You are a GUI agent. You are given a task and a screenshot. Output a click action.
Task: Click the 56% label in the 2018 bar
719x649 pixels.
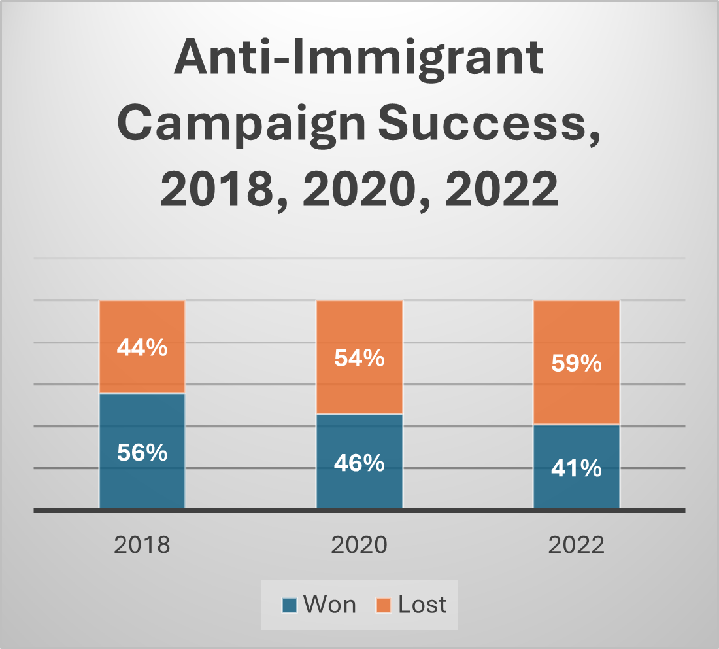(x=142, y=452)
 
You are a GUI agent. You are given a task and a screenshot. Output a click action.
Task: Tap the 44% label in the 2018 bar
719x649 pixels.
(x=142, y=347)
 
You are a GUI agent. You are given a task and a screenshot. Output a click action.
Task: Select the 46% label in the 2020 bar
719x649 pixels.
(x=359, y=463)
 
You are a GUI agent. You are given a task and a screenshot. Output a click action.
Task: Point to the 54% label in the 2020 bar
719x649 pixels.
(x=359, y=358)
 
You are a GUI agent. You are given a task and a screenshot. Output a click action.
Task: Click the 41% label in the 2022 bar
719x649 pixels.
(x=576, y=468)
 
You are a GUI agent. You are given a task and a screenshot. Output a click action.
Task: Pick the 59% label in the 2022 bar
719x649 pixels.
(x=576, y=363)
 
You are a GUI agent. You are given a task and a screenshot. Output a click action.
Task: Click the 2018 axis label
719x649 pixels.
(x=142, y=545)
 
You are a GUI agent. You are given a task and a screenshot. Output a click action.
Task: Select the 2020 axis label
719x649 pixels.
(x=359, y=545)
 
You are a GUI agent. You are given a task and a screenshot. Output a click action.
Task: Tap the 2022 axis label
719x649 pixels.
(x=576, y=545)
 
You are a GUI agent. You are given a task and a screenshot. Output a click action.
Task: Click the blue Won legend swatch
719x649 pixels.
(x=290, y=605)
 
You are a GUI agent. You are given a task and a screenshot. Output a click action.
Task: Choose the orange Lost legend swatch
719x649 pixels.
(x=384, y=605)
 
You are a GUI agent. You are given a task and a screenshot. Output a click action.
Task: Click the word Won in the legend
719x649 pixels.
(x=329, y=605)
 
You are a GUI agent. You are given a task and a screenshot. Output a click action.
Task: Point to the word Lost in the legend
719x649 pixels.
(x=422, y=605)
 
